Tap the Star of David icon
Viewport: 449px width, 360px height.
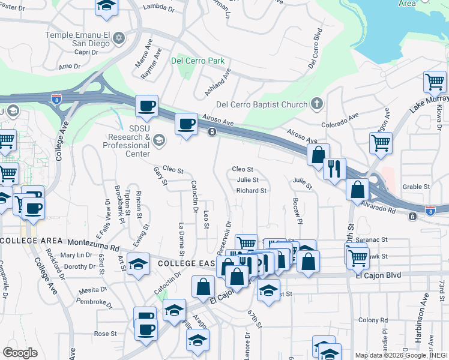119,38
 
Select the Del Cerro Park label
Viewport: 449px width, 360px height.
197,61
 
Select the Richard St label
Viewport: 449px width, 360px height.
251,191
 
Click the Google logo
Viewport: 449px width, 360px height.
20,352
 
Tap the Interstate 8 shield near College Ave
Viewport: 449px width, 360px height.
57,98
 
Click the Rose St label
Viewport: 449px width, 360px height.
104,334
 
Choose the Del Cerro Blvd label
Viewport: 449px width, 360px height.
313,49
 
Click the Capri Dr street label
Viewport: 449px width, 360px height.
86,52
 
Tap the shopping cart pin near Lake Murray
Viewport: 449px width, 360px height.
434,82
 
